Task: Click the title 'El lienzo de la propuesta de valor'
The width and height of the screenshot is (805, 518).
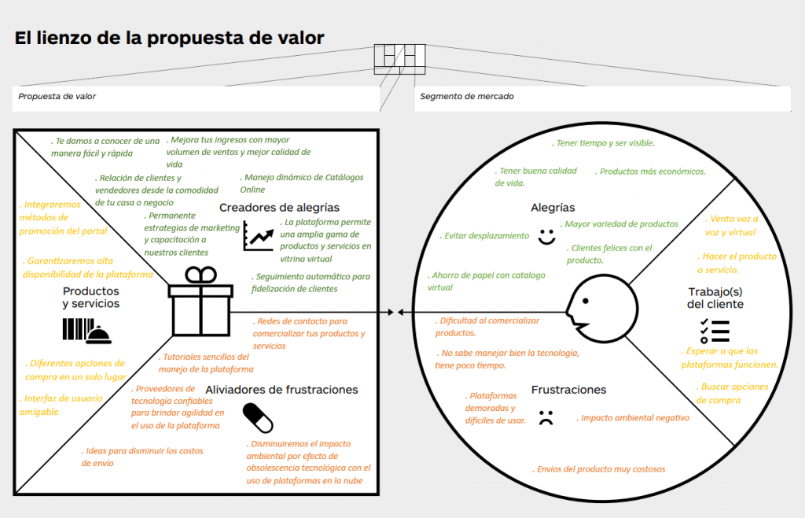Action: pyautogui.click(x=170, y=39)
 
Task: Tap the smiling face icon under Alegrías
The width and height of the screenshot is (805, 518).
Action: pyautogui.click(x=546, y=235)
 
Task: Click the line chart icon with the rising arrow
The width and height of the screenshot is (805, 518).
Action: pyautogui.click(x=259, y=235)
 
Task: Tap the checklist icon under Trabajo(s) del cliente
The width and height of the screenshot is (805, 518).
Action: pyautogui.click(x=715, y=331)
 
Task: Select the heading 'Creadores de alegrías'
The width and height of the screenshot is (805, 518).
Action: pyautogui.click(x=279, y=208)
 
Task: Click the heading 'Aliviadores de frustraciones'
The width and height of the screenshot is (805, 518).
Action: pyautogui.click(x=281, y=390)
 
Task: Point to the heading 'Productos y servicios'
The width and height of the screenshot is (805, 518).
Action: pyautogui.click(x=91, y=298)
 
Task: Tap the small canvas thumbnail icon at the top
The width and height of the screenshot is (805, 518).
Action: pyautogui.click(x=399, y=57)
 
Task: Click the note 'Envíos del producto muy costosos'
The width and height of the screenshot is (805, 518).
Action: pyautogui.click(x=599, y=469)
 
